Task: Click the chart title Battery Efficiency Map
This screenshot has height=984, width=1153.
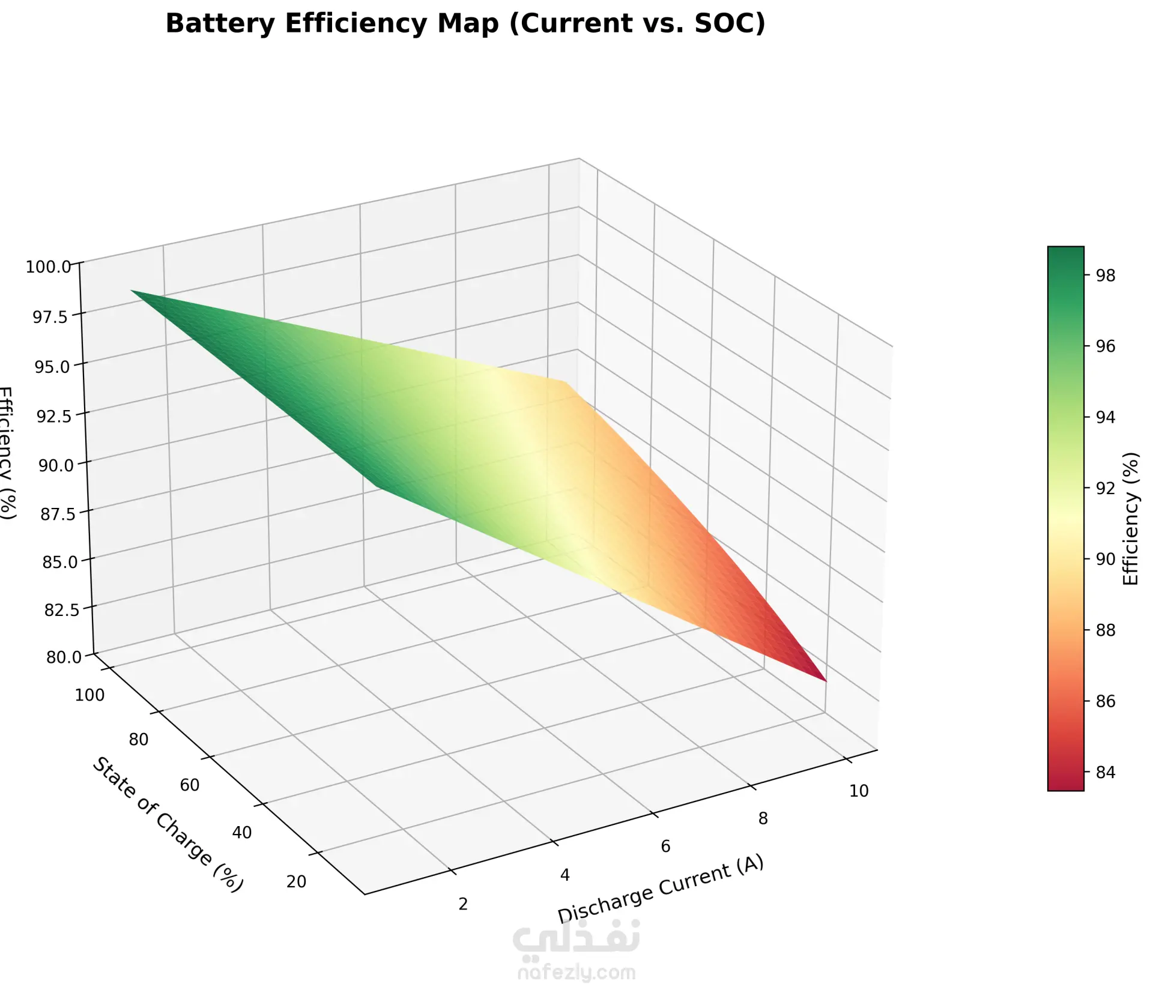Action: pyautogui.click(x=465, y=24)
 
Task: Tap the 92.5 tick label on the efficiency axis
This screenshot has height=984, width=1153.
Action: pyautogui.click(x=54, y=415)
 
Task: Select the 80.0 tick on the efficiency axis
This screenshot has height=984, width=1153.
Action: pyautogui.click(x=64, y=657)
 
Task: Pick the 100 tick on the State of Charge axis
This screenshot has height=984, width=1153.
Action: pyautogui.click(x=89, y=695)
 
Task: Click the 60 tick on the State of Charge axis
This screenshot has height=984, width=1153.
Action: pyautogui.click(x=190, y=785)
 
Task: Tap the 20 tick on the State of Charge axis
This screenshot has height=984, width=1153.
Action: pyautogui.click(x=297, y=881)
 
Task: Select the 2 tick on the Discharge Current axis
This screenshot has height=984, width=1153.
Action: pyautogui.click(x=463, y=904)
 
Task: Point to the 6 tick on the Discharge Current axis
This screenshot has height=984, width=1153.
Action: pyautogui.click(x=665, y=847)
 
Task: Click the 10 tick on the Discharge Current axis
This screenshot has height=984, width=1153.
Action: pyautogui.click(x=859, y=791)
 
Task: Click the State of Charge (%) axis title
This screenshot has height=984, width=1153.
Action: pyautogui.click(x=168, y=825)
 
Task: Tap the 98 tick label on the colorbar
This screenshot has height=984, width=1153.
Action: pyautogui.click(x=1106, y=276)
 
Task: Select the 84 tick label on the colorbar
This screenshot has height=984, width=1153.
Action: pyautogui.click(x=1106, y=772)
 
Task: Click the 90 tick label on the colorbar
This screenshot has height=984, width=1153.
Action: pyautogui.click(x=1106, y=560)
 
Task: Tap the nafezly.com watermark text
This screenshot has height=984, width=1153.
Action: pyautogui.click(x=576, y=972)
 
